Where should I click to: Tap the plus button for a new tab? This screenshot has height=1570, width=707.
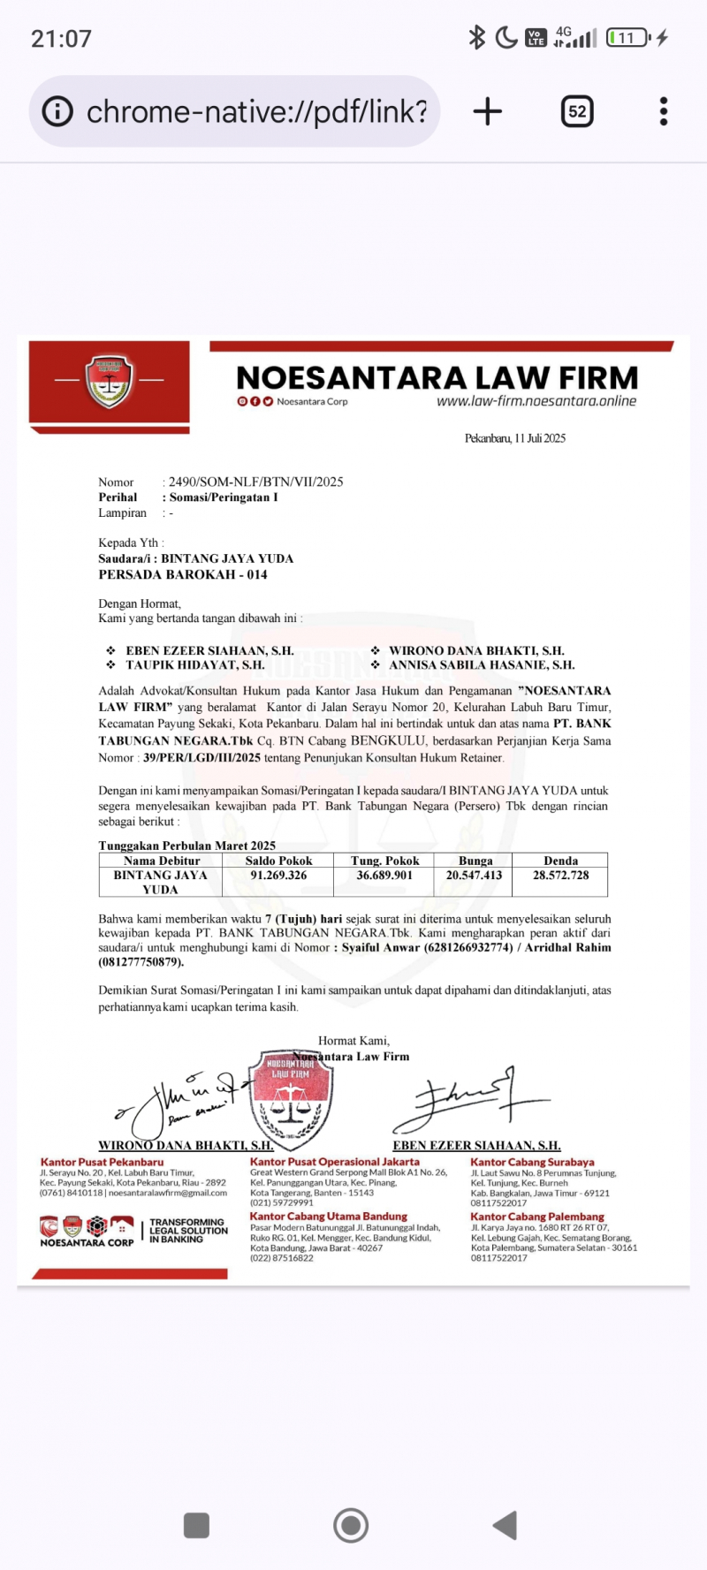[x=487, y=111]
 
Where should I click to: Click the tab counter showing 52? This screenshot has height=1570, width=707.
[x=577, y=111]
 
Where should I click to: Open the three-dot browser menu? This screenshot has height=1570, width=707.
[x=664, y=111]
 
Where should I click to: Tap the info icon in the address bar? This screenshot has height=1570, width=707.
[x=57, y=111]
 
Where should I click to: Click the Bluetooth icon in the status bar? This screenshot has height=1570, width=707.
[x=476, y=37]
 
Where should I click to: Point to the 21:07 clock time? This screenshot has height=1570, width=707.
[x=61, y=39]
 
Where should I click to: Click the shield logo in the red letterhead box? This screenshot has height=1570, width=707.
[x=109, y=381]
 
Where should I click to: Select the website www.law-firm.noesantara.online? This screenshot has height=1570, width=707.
[x=536, y=401]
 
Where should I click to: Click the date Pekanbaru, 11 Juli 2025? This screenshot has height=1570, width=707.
[x=515, y=438]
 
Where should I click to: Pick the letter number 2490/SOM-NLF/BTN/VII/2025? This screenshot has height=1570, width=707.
[x=255, y=482]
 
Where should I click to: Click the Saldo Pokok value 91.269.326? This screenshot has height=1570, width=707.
[x=278, y=876]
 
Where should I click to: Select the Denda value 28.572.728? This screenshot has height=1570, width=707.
[x=560, y=876]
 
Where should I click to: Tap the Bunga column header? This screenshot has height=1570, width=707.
[x=475, y=861]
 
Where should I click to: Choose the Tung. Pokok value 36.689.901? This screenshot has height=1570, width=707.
[x=384, y=876]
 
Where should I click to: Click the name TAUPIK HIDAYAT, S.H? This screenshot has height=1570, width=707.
[x=194, y=664]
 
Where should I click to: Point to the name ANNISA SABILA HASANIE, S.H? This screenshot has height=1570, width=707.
[x=482, y=664]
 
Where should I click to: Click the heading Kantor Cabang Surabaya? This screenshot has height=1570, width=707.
[x=532, y=1162]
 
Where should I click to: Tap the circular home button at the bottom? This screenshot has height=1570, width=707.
[x=351, y=1525]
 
